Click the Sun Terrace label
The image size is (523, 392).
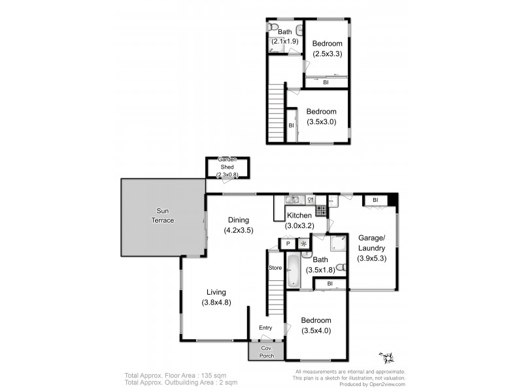[x=162, y=216]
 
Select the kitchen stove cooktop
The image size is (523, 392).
[x=321, y=210]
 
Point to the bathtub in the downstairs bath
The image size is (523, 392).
[x=292, y=272]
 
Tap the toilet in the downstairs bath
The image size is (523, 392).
[x=340, y=267]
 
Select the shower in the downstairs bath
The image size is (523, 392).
[x=337, y=244]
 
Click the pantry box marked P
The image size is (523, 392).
[x=288, y=244]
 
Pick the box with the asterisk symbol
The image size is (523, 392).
[x=304, y=244]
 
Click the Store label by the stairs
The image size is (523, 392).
[x=275, y=268]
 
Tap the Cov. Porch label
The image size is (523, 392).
[x=266, y=350]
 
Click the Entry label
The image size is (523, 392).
[x=265, y=328]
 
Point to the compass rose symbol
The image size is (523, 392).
[x=386, y=357]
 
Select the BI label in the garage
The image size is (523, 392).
[x=375, y=200]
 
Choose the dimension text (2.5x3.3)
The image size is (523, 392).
[x=328, y=54]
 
